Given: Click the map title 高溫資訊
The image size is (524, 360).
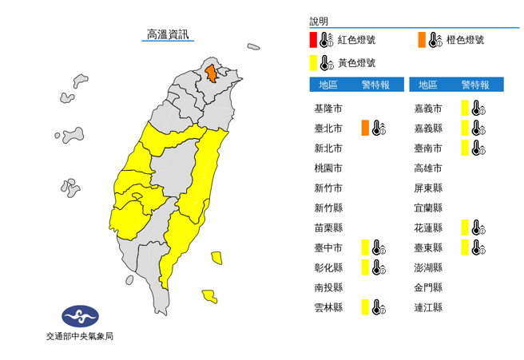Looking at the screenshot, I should (x=168, y=34).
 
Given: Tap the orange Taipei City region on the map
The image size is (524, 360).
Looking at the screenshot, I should (x=211, y=73).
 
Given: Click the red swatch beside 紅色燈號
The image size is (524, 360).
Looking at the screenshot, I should (x=314, y=40).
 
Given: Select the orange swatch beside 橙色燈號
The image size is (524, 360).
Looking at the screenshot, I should (x=420, y=40).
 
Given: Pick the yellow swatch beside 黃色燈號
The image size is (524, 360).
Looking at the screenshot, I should (x=314, y=62).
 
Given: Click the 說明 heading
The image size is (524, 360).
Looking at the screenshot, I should (x=319, y=22).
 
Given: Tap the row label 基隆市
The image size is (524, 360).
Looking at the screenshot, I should (x=328, y=109).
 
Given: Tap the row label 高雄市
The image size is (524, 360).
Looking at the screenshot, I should (x=428, y=168).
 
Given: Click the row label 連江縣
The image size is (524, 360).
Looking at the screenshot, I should (x=428, y=307).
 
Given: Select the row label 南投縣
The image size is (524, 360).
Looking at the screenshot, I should (x=328, y=287).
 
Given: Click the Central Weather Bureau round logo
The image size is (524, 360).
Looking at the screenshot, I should (x=79, y=316).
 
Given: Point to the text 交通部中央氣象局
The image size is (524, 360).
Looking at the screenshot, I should (x=79, y=336).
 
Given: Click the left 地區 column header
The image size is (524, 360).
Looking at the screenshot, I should (x=328, y=85).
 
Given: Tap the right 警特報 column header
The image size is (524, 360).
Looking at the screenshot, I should (x=474, y=85).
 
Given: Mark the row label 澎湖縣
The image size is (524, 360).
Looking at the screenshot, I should (x=428, y=267).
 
